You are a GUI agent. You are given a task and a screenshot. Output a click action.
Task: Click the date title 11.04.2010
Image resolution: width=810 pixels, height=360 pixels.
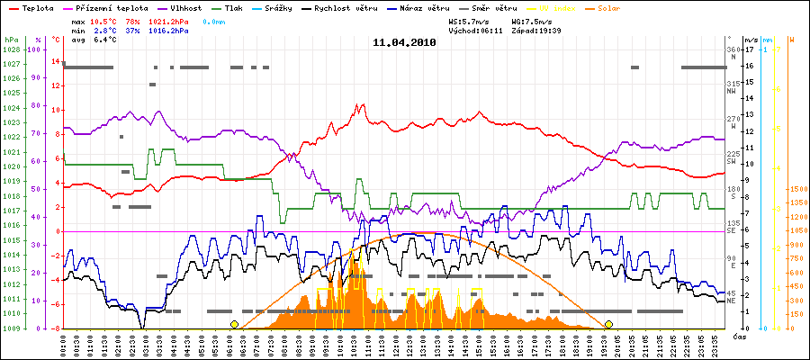pyautogui.click(x=404, y=41)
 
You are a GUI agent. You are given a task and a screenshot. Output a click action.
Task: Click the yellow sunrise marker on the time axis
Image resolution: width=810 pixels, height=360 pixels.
pyautogui.click(x=234, y=324)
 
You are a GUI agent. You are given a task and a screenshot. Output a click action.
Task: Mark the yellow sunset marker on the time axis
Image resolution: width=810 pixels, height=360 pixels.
pyautogui.click(x=608, y=324)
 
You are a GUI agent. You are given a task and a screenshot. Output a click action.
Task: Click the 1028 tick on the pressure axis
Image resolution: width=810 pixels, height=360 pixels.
pyautogui.click(x=11, y=49)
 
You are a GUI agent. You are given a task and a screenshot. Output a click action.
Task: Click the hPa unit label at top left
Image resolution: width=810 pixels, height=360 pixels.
pyautogui.click(x=10, y=40)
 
